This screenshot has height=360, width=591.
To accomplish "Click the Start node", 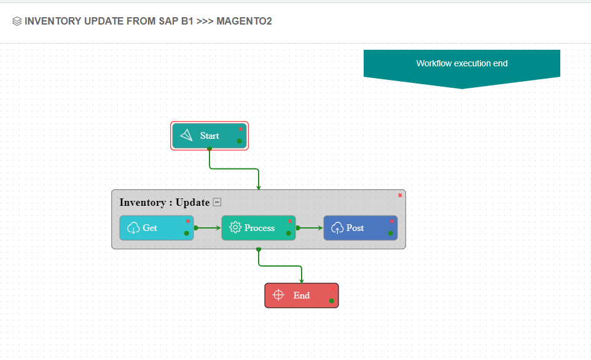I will click(209, 136).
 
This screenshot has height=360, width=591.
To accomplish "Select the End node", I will click(301, 295).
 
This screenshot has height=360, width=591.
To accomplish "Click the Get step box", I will click(156, 228).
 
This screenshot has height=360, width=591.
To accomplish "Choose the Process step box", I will click(259, 228).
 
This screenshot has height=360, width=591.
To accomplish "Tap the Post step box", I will click(360, 228).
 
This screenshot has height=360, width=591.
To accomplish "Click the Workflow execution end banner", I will click(461, 63).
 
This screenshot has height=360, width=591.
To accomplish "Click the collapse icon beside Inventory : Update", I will click(217, 202).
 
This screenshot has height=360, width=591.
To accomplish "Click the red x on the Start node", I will click(241, 129).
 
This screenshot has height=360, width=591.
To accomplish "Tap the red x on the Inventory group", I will click(400, 195).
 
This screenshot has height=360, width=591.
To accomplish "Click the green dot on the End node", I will click(331, 301).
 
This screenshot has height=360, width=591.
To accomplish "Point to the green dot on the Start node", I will click(239, 141).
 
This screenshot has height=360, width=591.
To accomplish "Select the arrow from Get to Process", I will click(208, 228).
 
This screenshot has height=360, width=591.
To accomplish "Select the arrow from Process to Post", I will click(310, 228).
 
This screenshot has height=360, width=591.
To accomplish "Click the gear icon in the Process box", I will click(235, 228).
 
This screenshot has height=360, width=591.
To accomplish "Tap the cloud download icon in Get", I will click(133, 228).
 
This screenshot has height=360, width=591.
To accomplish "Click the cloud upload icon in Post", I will click(337, 228).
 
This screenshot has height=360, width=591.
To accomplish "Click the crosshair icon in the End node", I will click(278, 295).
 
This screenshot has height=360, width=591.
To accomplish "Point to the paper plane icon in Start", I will click(187, 136).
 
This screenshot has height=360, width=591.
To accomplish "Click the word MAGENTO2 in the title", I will click(244, 22).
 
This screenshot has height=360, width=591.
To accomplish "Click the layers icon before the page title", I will click(17, 22).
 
